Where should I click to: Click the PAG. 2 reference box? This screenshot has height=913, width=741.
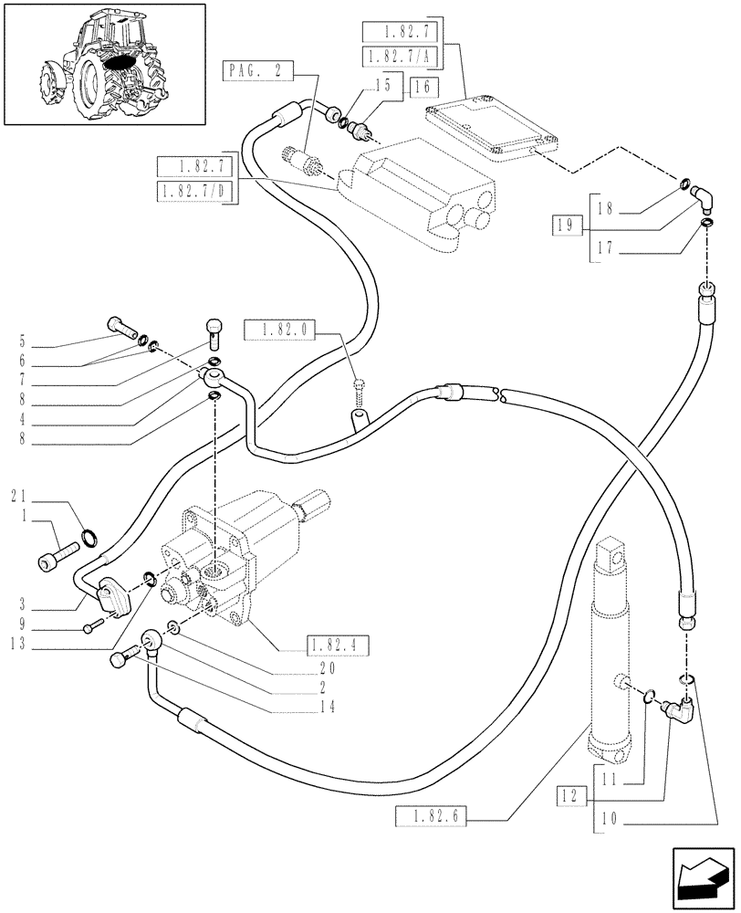[256, 69]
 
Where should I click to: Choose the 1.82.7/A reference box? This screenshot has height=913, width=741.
[400, 57]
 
